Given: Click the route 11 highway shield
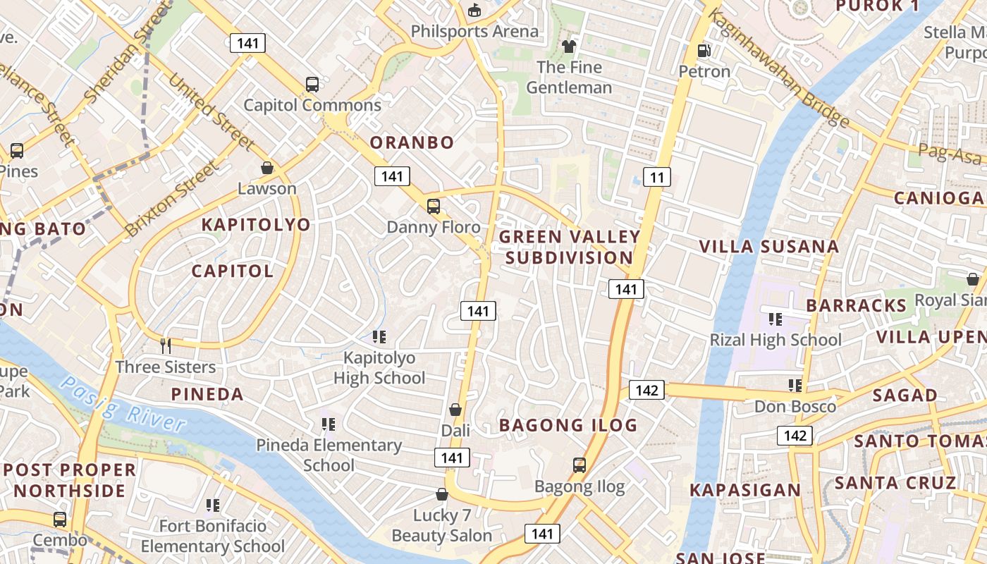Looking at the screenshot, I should (656, 177).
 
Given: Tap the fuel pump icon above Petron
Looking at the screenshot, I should (704, 50).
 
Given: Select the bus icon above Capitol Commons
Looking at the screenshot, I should (312, 85).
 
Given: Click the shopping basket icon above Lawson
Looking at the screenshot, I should (267, 168).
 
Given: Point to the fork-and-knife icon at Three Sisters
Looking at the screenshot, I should (166, 345).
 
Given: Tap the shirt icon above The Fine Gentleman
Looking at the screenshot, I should (568, 47).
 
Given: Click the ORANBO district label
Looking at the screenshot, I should (412, 142).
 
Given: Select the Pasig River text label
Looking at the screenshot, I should (123, 405).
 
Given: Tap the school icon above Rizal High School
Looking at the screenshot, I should (775, 319).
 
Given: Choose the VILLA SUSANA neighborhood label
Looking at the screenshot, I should (768, 247).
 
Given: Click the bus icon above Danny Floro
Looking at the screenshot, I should (433, 207).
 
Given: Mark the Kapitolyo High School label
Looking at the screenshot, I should (379, 368).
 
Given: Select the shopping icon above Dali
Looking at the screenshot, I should (455, 410).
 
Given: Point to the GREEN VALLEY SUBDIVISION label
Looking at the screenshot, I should (570, 247).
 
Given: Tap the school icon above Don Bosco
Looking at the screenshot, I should (795, 386).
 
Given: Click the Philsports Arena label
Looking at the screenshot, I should (474, 32).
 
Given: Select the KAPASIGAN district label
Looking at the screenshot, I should (745, 490).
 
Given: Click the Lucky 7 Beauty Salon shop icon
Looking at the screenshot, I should (442, 494).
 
